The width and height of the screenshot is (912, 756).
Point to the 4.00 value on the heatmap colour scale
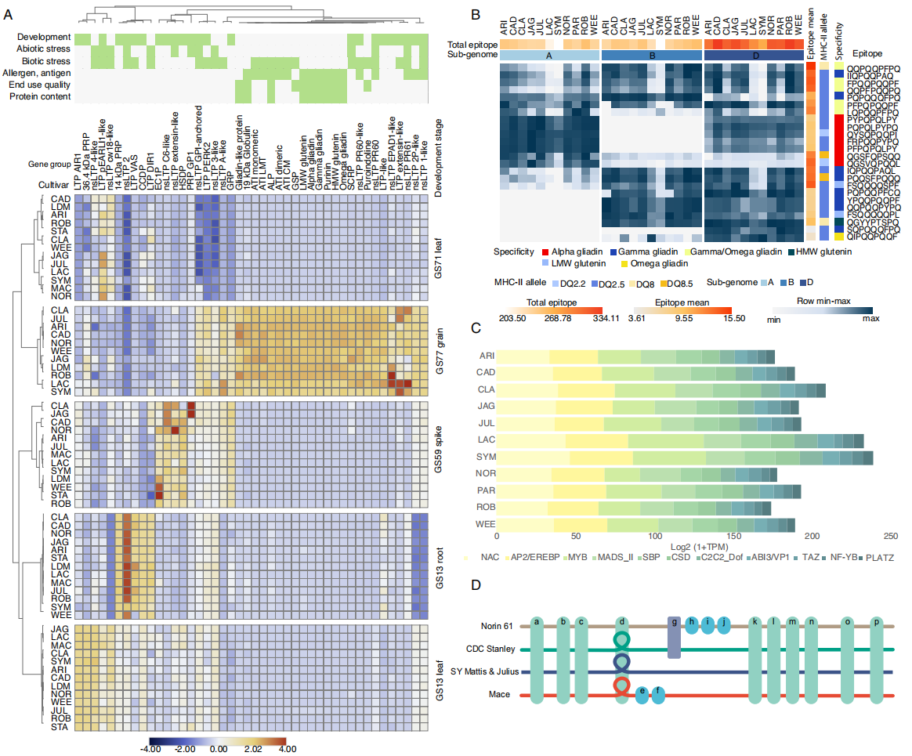(x=287, y=749)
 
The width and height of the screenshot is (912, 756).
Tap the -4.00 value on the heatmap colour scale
(x=150, y=749)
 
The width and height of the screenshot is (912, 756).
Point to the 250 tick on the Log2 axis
(x=891, y=537)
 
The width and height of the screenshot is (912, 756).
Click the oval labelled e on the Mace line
(x=642, y=695)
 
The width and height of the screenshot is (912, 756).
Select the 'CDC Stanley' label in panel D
(x=490, y=649)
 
